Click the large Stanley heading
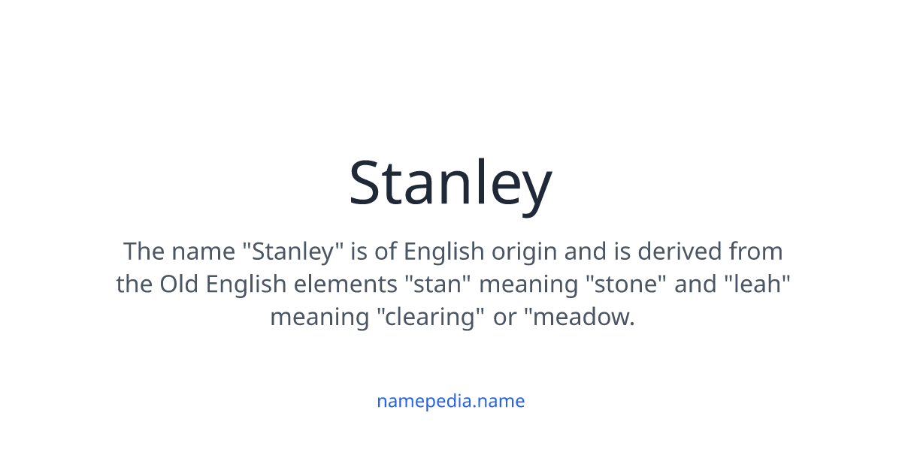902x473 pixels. point(450,183)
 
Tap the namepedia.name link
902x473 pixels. point(450,401)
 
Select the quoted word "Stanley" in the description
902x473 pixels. point(292,251)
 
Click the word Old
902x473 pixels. point(180,285)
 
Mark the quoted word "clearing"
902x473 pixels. point(430,318)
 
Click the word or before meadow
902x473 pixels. point(505,318)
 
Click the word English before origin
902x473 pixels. point(444,251)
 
